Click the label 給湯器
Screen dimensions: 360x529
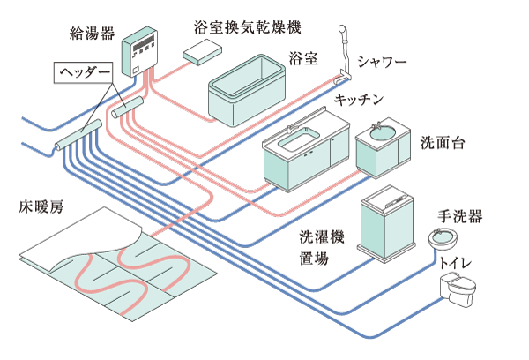click(x=90, y=34)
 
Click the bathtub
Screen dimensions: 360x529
click(x=248, y=88)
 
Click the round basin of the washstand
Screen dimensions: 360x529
click(x=382, y=133)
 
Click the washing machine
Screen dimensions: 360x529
click(x=389, y=222)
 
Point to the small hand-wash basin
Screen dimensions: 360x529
click(x=442, y=238)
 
